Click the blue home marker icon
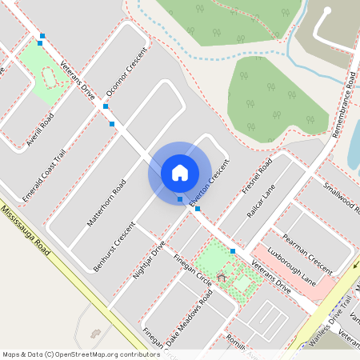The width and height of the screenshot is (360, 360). tap(180, 172)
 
